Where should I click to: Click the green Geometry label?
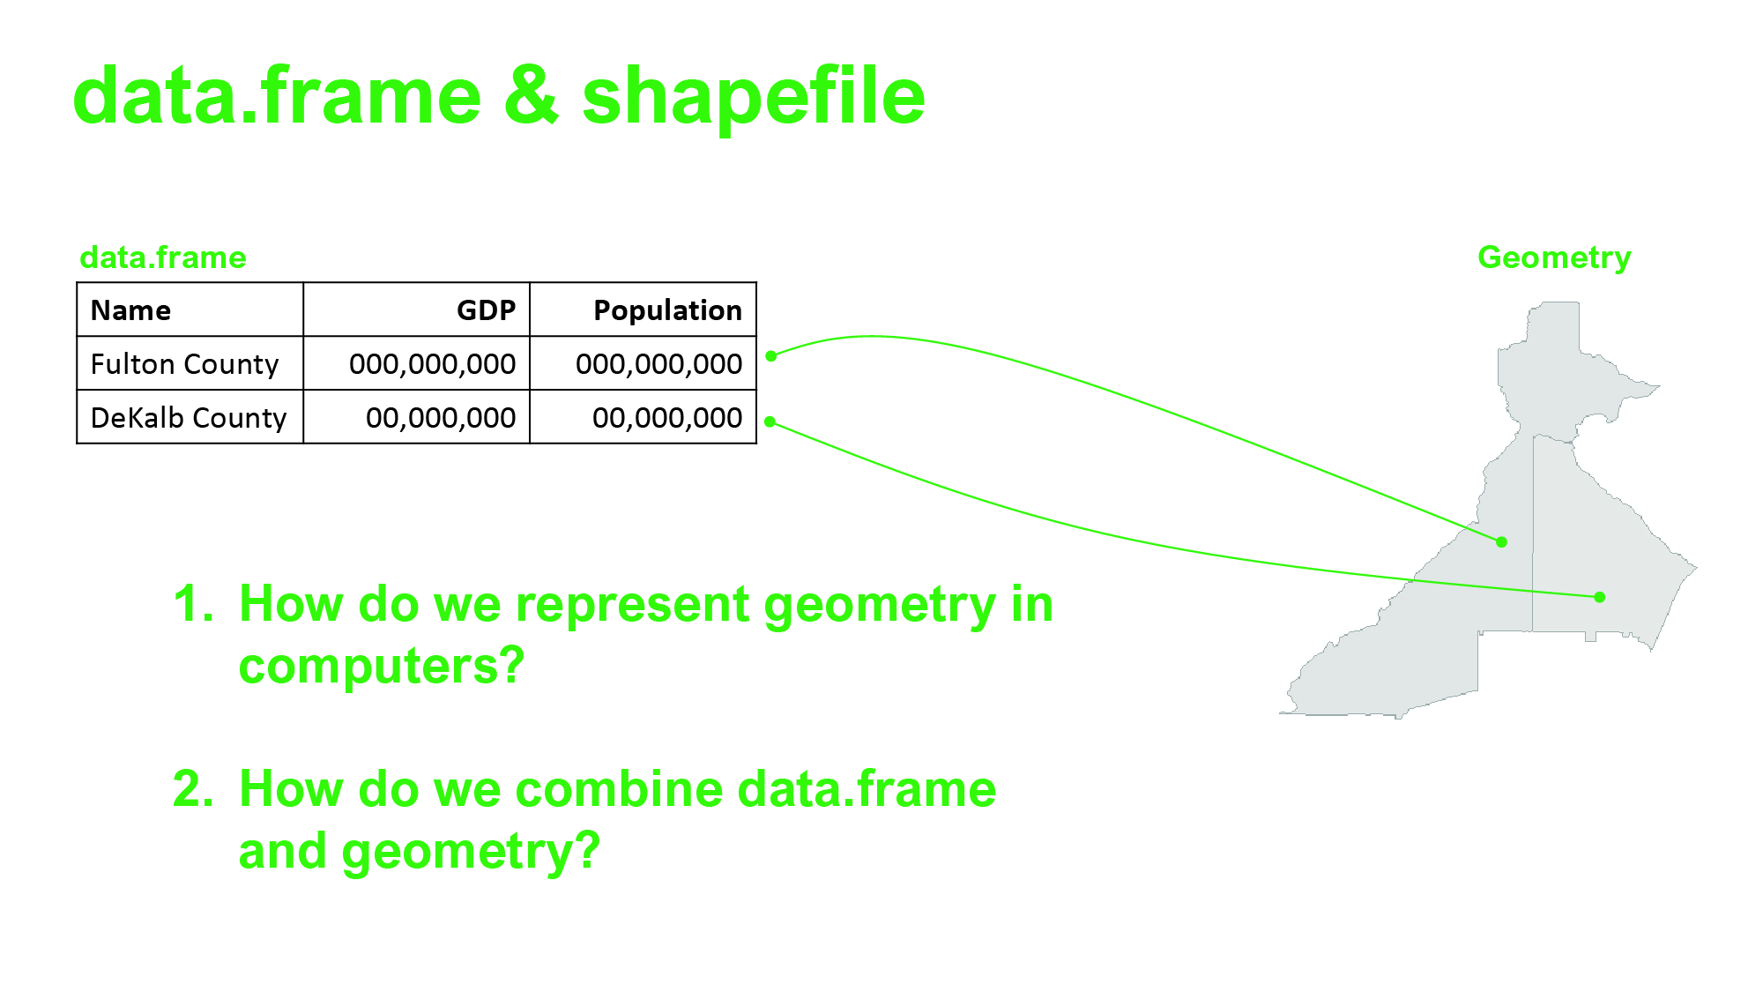coord(1554,258)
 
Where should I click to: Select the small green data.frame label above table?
coord(163,257)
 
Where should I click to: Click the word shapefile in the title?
coord(754,97)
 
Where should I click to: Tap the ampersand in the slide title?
coord(532,97)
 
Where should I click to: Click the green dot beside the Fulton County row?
coord(771,355)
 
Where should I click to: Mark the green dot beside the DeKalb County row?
coord(770,421)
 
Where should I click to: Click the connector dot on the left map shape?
coord(1502,542)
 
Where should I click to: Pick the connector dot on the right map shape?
coord(1600,597)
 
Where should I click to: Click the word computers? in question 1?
coord(382,666)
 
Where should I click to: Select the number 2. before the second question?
coord(193,788)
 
